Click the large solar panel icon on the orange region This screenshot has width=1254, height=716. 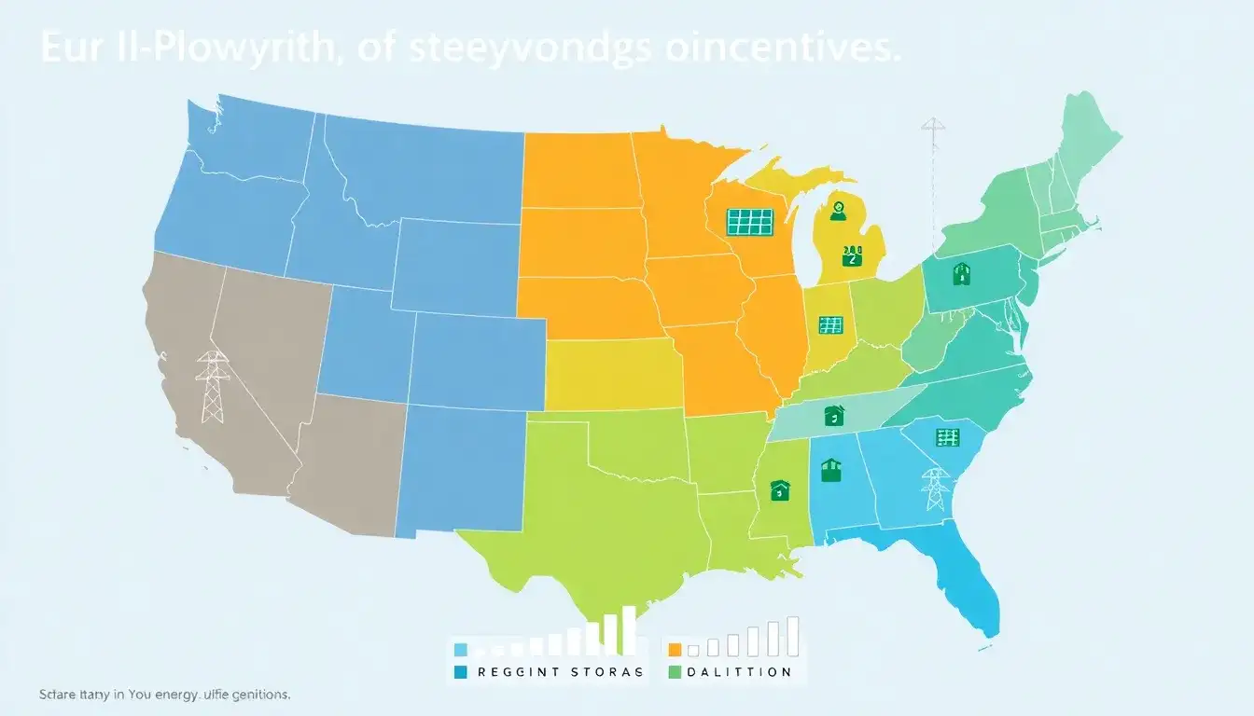coord(750,221)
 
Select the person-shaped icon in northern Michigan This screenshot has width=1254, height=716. coord(837,211)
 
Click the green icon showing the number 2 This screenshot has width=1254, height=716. coord(850,255)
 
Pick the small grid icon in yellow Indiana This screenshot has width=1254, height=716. coord(830,324)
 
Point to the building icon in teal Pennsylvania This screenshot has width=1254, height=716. coord(962,274)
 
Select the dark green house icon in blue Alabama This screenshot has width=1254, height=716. coord(830,469)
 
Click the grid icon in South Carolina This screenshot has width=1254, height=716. coord(947,437)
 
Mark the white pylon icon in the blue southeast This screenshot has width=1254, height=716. coord(934,489)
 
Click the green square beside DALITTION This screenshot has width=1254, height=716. coord(676,671)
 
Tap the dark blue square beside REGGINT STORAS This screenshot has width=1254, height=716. coord(460,671)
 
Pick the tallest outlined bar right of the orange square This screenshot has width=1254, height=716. coord(792,636)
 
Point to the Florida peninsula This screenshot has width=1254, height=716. coord(975,587)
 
